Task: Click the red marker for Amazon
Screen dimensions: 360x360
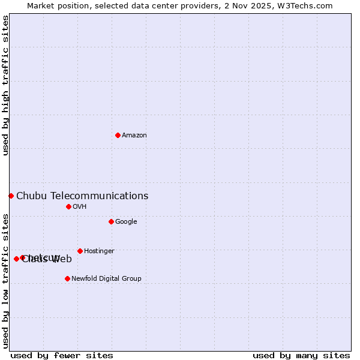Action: [118, 135]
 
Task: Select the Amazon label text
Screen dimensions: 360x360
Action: [134, 136]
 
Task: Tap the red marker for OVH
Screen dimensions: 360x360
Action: [68, 206]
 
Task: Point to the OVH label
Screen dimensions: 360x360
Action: [80, 207]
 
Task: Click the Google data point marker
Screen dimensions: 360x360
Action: [111, 221]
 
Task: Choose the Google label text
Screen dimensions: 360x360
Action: [126, 222]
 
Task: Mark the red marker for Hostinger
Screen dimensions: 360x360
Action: [80, 251]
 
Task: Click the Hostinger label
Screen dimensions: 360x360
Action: [99, 251]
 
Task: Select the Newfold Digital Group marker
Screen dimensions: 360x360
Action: [67, 278]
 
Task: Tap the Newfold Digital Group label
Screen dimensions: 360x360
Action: [106, 278]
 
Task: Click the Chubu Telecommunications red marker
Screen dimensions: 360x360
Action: [11, 196]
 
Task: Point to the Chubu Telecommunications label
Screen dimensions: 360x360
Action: [82, 196]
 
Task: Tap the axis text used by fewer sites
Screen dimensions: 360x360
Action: [62, 355]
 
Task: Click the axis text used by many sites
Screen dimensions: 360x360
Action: [301, 355]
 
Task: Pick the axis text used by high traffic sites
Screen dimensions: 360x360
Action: [6, 85]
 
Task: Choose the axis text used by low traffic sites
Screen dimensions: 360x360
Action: [6, 281]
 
